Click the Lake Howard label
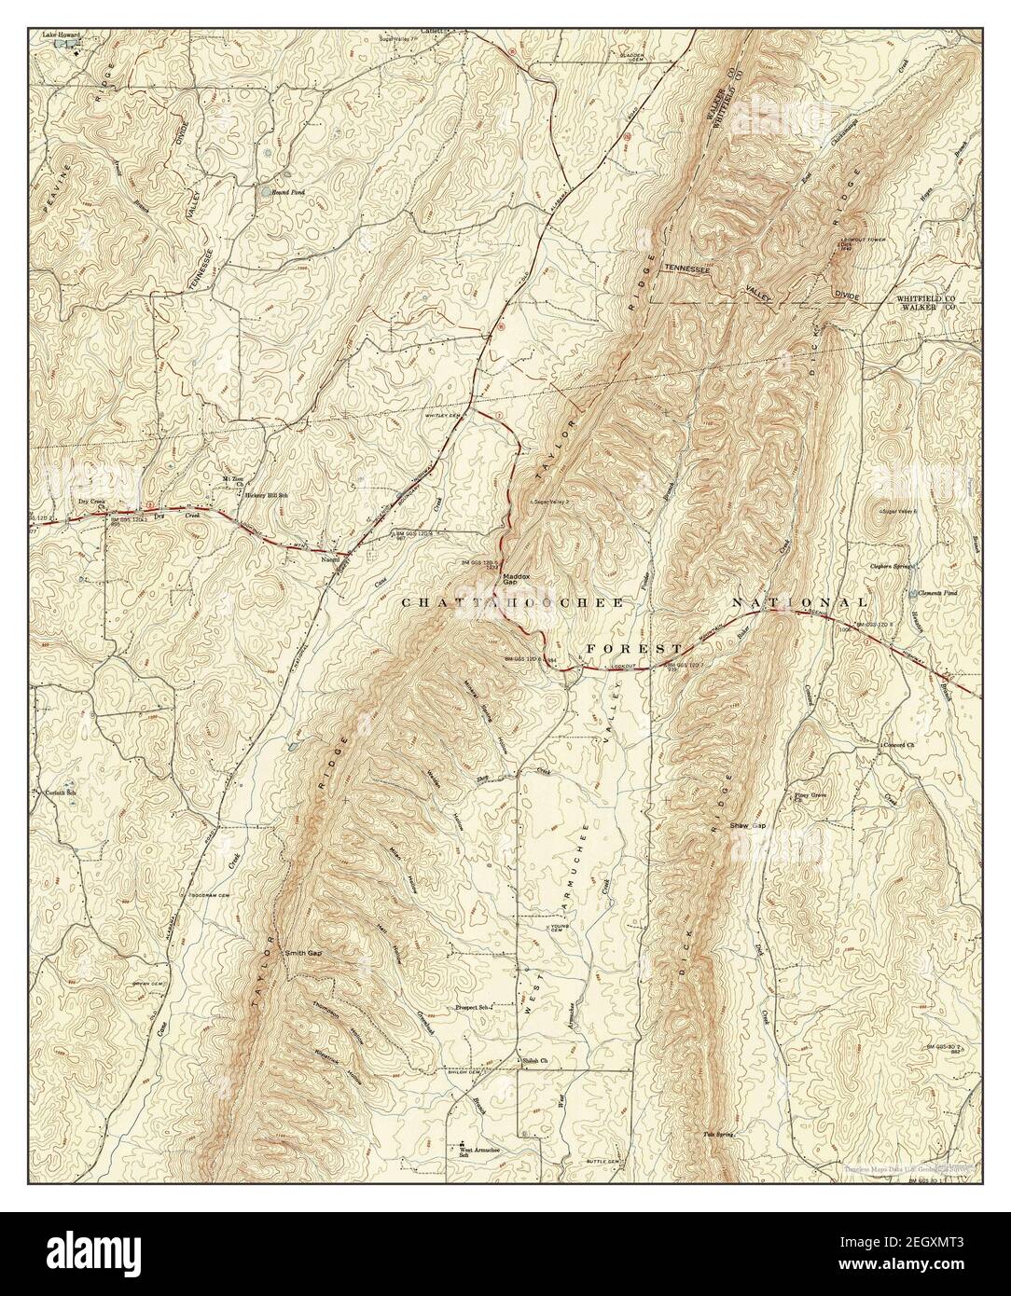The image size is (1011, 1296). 62,35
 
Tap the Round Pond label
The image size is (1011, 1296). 289,192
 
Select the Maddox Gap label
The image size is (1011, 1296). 516,580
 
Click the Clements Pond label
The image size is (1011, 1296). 935,592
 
